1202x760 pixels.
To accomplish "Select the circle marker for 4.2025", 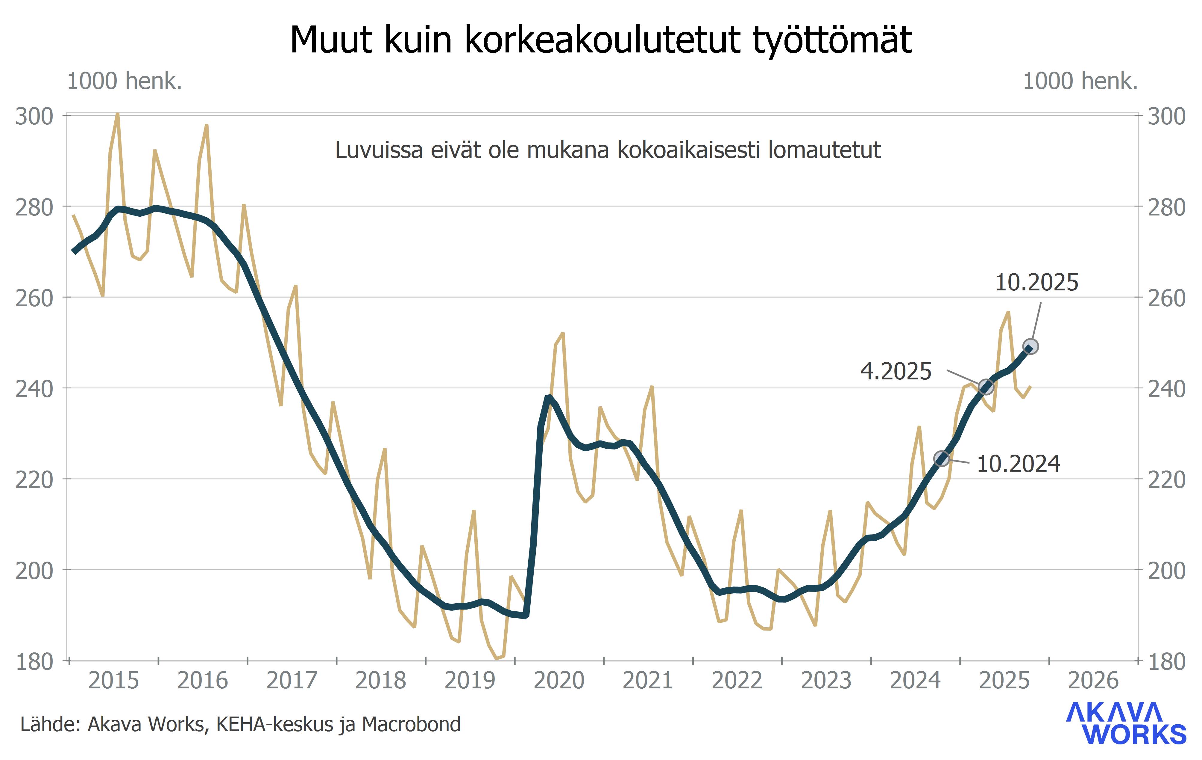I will (986, 387).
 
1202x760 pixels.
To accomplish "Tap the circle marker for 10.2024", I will (941, 458).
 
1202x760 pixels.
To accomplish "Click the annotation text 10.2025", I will (1037, 283).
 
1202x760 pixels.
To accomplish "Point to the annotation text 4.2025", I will (896, 372).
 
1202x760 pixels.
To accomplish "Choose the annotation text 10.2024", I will (1018, 464).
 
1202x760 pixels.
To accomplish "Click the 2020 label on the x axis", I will (558, 681).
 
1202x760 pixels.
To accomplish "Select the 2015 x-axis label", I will (113, 681).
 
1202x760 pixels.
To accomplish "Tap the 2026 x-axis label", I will (1093, 681).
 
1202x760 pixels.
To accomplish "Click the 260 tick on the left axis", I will (34, 298).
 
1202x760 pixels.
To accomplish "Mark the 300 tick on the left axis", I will (34, 116).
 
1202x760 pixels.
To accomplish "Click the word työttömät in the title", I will (832, 40).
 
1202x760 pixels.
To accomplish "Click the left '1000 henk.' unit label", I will (124, 81).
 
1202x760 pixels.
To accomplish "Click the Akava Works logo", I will (1126, 723).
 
